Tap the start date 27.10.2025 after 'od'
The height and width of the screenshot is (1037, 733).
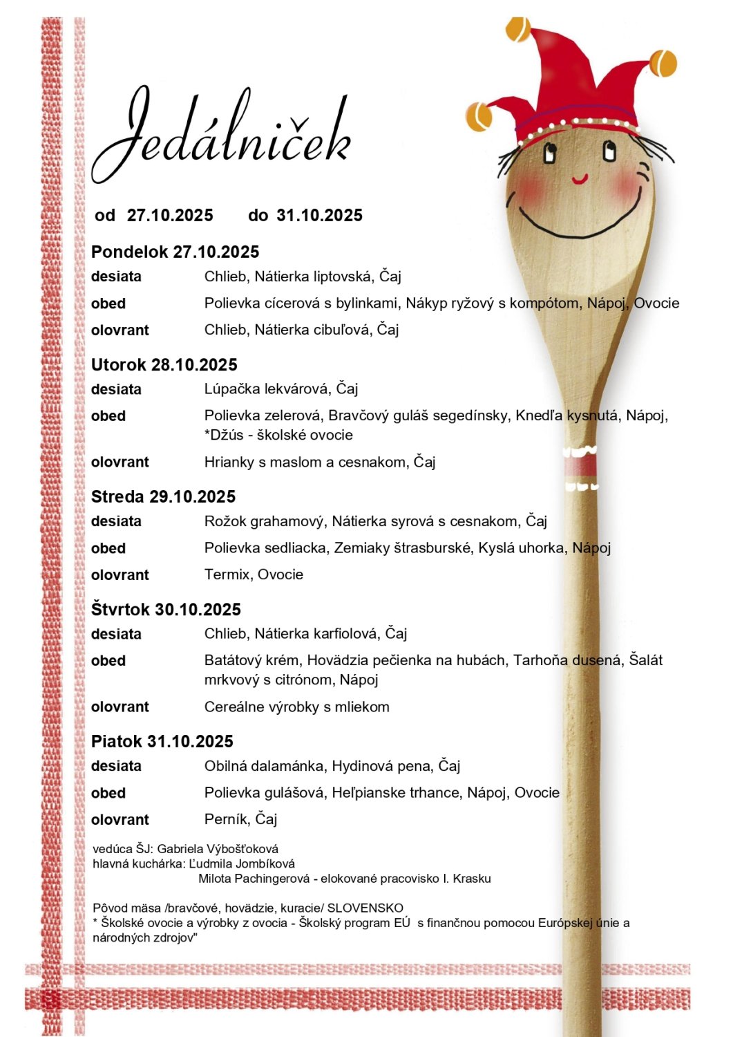point(170,216)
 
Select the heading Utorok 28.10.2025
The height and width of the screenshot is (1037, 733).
point(164,365)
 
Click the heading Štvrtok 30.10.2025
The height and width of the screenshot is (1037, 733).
point(166,610)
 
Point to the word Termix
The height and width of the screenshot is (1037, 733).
point(227,574)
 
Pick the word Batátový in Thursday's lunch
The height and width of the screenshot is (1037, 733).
point(233,660)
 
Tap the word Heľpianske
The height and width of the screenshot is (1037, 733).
point(370,793)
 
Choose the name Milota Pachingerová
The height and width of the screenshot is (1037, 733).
point(251,879)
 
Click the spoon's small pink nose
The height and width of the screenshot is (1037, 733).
point(580,180)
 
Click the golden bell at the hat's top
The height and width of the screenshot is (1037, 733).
point(519,29)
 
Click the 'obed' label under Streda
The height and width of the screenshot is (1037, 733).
point(108,548)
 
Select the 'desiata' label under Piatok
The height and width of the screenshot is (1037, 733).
point(116,766)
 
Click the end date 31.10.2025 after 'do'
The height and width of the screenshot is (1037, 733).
point(319,216)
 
